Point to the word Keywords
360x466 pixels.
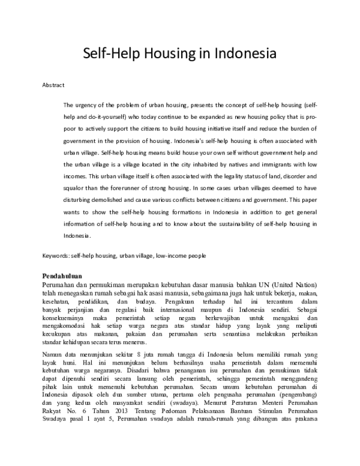(x=55, y=255)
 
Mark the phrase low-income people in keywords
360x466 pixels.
(x=181, y=255)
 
